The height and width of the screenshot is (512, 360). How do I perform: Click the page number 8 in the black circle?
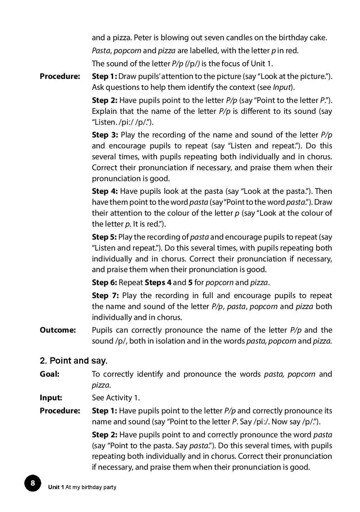point(33,483)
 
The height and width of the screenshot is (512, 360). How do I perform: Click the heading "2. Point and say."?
point(74,360)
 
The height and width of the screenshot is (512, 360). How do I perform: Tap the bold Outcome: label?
point(58,330)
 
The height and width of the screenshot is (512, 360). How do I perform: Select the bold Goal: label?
point(49,374)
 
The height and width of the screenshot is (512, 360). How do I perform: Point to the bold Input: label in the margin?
point(51,397)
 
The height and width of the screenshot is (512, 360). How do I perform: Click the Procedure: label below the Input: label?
point(60,411)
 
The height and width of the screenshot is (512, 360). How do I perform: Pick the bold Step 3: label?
point(105,135)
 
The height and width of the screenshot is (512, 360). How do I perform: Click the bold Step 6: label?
point(104,282)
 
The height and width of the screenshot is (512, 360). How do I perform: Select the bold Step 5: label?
point(104,237)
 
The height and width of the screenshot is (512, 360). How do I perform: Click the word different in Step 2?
point(257,111)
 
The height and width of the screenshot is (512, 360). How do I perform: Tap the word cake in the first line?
point(319,37)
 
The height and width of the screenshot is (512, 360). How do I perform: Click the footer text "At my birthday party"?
point(91,487)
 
